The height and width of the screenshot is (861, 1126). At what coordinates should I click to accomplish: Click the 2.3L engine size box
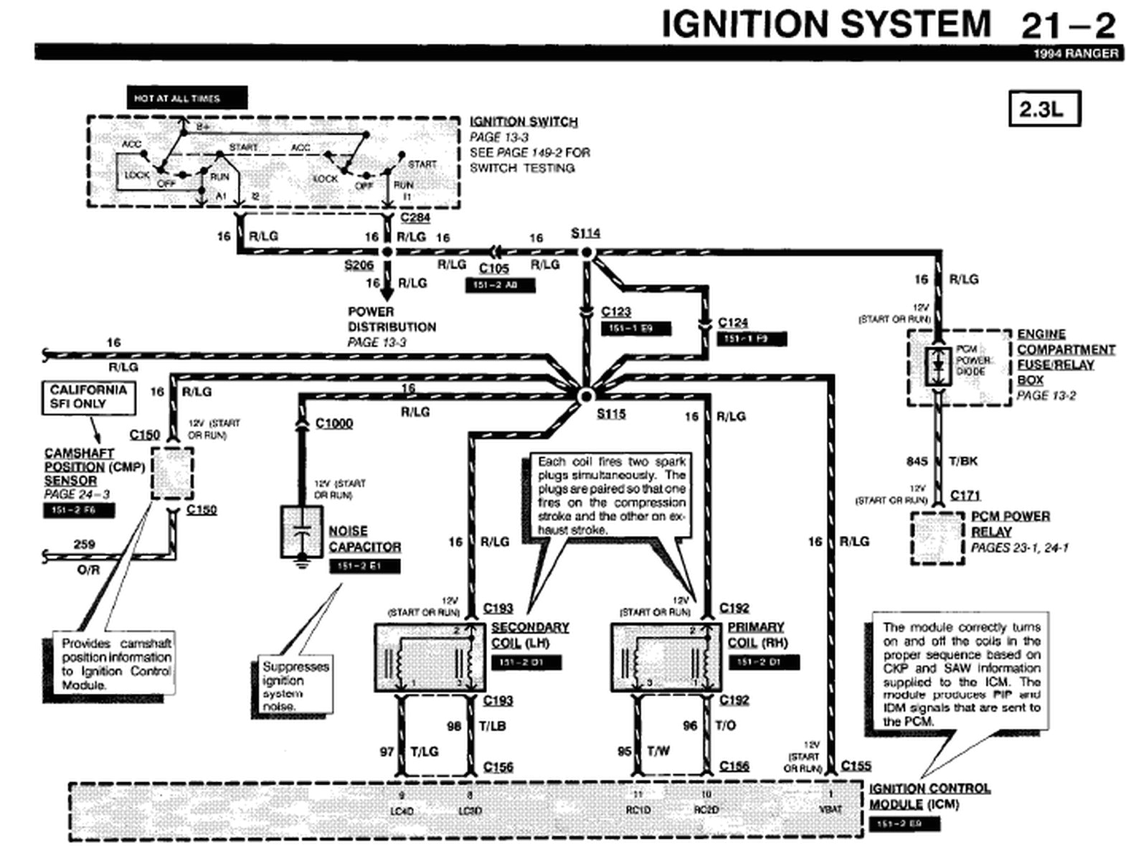1044,109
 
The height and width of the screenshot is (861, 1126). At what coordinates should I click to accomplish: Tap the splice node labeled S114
587,253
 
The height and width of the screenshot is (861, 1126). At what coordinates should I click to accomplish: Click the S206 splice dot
387,252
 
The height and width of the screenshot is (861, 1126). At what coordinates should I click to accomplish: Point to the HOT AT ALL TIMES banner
186,98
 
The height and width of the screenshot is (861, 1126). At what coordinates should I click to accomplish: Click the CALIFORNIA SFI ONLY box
88,397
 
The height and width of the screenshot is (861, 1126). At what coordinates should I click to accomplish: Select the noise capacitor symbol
302,532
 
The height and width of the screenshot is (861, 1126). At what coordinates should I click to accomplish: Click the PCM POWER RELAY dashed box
937,538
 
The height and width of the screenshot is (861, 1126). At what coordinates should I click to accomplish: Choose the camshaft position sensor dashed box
172,474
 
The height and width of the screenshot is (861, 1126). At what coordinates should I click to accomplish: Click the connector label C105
494,268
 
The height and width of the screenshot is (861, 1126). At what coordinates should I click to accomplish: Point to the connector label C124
733,323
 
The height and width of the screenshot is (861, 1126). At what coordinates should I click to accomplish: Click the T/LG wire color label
425,751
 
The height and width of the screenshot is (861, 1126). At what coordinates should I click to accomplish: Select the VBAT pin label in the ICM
830,809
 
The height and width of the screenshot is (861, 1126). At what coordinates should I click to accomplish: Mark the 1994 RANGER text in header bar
1076,54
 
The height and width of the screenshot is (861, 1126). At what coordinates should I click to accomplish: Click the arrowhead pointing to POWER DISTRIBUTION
387,294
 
